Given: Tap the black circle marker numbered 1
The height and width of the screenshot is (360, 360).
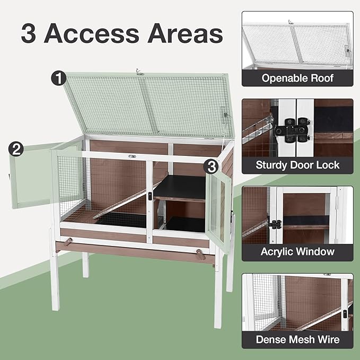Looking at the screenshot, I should (58, 78).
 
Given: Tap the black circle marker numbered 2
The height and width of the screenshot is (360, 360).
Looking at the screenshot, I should (16, 149).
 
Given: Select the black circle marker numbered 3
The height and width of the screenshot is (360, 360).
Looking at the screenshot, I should (212, 166).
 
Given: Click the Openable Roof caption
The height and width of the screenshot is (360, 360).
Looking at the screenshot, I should (297, 78).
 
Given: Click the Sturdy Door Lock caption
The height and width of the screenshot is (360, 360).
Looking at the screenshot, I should (297, 165).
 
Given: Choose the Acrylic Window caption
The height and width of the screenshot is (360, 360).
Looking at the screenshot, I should (297, 251).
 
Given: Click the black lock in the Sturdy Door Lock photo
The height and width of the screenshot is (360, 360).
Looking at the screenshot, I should (292, 129).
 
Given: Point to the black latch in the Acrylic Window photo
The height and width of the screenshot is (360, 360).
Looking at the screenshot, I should (276, 224).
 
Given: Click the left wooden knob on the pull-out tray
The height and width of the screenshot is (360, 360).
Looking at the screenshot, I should (67, 242).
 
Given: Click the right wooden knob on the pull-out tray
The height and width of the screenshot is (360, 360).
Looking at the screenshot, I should (200, 253).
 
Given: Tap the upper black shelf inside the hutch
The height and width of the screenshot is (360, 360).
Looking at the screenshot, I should (179, 188).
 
